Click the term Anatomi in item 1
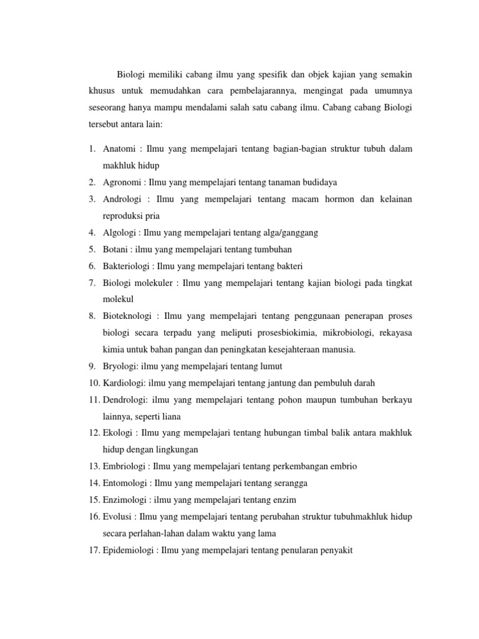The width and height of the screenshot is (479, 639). pos(120,149)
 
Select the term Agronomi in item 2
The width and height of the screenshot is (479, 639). pos(123,182)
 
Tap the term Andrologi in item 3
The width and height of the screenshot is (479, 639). pos(123,199)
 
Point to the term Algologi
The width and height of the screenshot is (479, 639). pos(121,233)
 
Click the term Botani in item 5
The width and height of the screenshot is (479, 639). pos(116,249)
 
